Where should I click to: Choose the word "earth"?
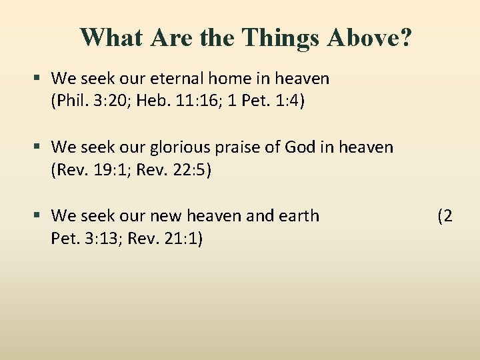[297, 216]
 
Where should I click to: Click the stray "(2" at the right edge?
[445, 216]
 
